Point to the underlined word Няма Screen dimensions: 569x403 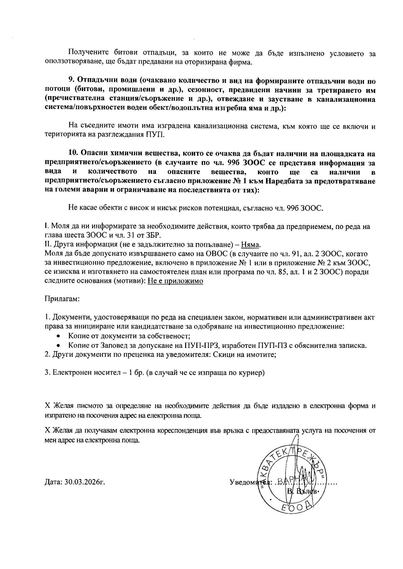pos(251,245)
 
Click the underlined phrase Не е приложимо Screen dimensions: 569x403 pos(175,281)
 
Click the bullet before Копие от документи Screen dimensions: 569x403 pos(58,336)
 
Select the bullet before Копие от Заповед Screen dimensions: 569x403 pos(58,346)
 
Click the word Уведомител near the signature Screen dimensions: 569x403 pos(248,482)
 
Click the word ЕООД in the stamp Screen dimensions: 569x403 pos(294,508)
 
